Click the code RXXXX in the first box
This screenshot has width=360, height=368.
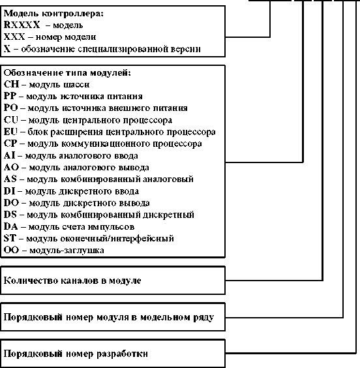[x=17, y=25]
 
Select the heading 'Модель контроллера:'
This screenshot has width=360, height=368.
[x=44, y=14]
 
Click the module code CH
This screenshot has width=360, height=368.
[x=10, y=84]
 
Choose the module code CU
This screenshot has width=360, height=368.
[x=10, y=120]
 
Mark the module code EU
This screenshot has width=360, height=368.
[x=10, y=132]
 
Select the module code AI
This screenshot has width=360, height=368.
[x=9, y=155]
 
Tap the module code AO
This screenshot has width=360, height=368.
[x=10, y=167]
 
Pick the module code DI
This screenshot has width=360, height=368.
[x=9, y=191]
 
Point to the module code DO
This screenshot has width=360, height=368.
[x=10, y=203]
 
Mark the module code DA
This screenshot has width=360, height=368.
[x=10, y=226]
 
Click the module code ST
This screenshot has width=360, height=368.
[x=10, y=238]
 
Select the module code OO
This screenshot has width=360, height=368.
[x=11, y=250]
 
